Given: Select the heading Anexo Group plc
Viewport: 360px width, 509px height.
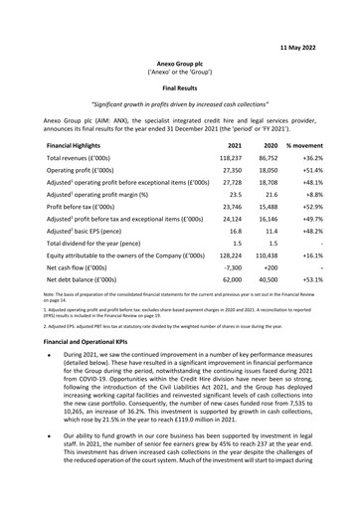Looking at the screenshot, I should pyautogui.click(x=179, y=61).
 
